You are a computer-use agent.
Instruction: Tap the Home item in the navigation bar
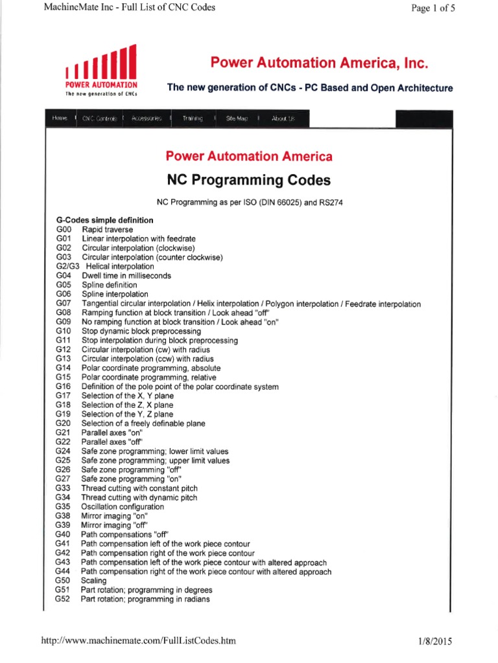(59, 118)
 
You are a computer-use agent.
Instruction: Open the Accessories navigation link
(146, 118)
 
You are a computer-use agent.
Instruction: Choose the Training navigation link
(192, 118)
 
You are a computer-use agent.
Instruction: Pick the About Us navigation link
(283, 118)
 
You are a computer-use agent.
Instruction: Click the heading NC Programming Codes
(249, 179)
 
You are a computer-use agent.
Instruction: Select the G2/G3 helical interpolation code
(67, 266)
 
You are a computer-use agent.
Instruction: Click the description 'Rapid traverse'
(107, 229)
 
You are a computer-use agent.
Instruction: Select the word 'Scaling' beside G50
(93, 581)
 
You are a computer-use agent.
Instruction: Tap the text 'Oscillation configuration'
(123, 506)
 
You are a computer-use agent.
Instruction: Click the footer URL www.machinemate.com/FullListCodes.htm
(138, 641)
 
